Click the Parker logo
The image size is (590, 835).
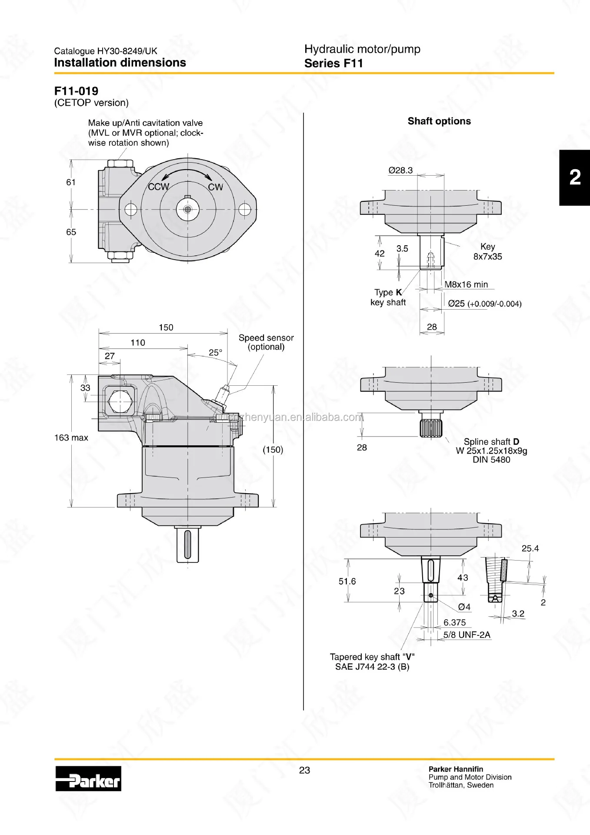tap(88, 778)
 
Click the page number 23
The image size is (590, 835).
tap(304, 770)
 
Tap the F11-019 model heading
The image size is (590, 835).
tap(76, 91)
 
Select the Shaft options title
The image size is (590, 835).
tap(439, 121)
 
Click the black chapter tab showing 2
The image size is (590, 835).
tap(574, 177)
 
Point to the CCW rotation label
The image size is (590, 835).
tap(158, 187)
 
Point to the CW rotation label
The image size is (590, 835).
tap(215, 187)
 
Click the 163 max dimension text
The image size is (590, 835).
tap(71, 438)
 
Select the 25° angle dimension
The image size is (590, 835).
tap(215, 353)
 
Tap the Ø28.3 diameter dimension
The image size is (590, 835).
tap(400, 170)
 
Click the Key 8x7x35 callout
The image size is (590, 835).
tap(487, 252)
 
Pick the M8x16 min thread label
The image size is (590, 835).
tap(466, 284)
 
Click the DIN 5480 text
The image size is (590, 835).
tap(491, 460)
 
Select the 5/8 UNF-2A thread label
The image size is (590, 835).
tap(467, 635)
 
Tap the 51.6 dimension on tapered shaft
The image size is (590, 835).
tap(347, 581)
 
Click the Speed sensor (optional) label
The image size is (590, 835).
tap(266, 342)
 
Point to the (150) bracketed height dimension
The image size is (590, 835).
tap(273, 450)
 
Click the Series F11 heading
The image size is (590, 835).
tap(333, 63)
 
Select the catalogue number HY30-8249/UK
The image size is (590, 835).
tap(106, 51)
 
